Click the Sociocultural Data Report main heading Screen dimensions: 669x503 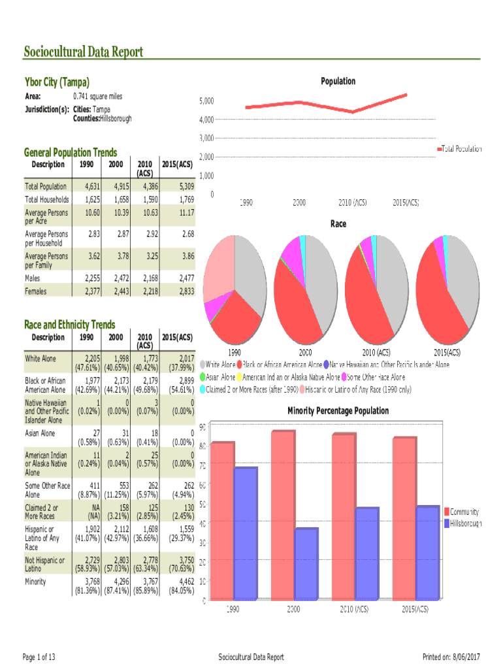83,52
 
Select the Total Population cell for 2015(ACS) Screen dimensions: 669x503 182,187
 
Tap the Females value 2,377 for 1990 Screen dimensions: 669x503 91,291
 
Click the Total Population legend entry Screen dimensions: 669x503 461,149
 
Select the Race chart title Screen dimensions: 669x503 338,224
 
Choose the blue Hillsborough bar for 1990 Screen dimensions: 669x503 246,532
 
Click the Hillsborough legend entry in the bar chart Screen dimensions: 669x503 464,523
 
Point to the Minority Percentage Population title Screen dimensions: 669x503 338,411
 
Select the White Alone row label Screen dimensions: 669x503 41,359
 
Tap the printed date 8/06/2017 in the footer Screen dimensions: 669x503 466,657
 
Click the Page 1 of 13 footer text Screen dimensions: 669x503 39,657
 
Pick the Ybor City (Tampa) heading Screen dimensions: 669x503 57,82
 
